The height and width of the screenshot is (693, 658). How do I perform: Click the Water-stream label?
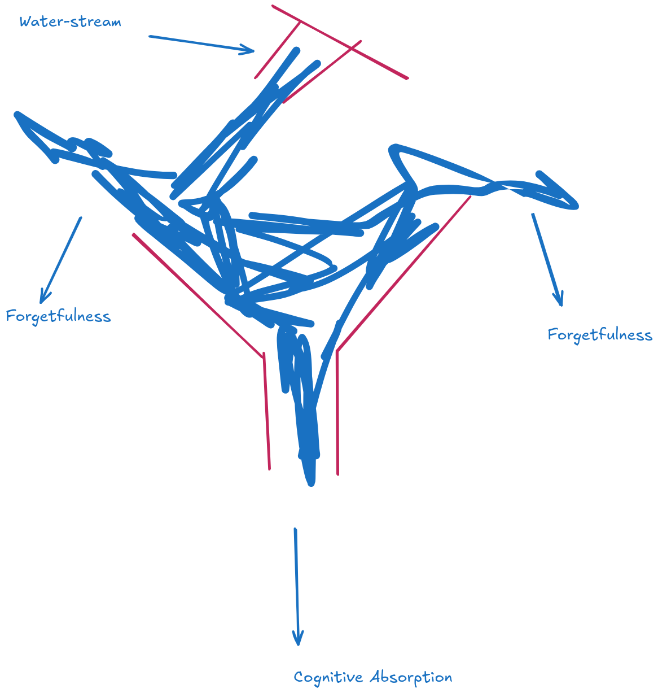tap(70, 22)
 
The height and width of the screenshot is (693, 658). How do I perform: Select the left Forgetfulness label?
tap(59, 316)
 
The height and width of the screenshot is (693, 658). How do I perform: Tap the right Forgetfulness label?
tap(600, 335)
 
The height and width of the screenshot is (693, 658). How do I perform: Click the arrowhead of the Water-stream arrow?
tap(251, 50)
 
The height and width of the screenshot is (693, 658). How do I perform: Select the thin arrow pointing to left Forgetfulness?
tap(60, 260)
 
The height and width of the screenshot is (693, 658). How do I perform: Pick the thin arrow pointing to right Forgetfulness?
tap(547, 260)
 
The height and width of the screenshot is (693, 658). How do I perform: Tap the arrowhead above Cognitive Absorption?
tap(298, 637)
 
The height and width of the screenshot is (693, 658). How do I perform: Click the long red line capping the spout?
tap(340, 42)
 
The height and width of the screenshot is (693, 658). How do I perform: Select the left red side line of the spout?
tap(278, 50)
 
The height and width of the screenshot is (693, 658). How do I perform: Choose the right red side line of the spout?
tap(322, 72)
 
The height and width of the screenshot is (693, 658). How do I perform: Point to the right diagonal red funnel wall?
tap(403, 273)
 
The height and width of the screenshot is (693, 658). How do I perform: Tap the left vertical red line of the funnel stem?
tap(267, 411)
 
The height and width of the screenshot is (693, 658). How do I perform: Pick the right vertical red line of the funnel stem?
tap(337, 413)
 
